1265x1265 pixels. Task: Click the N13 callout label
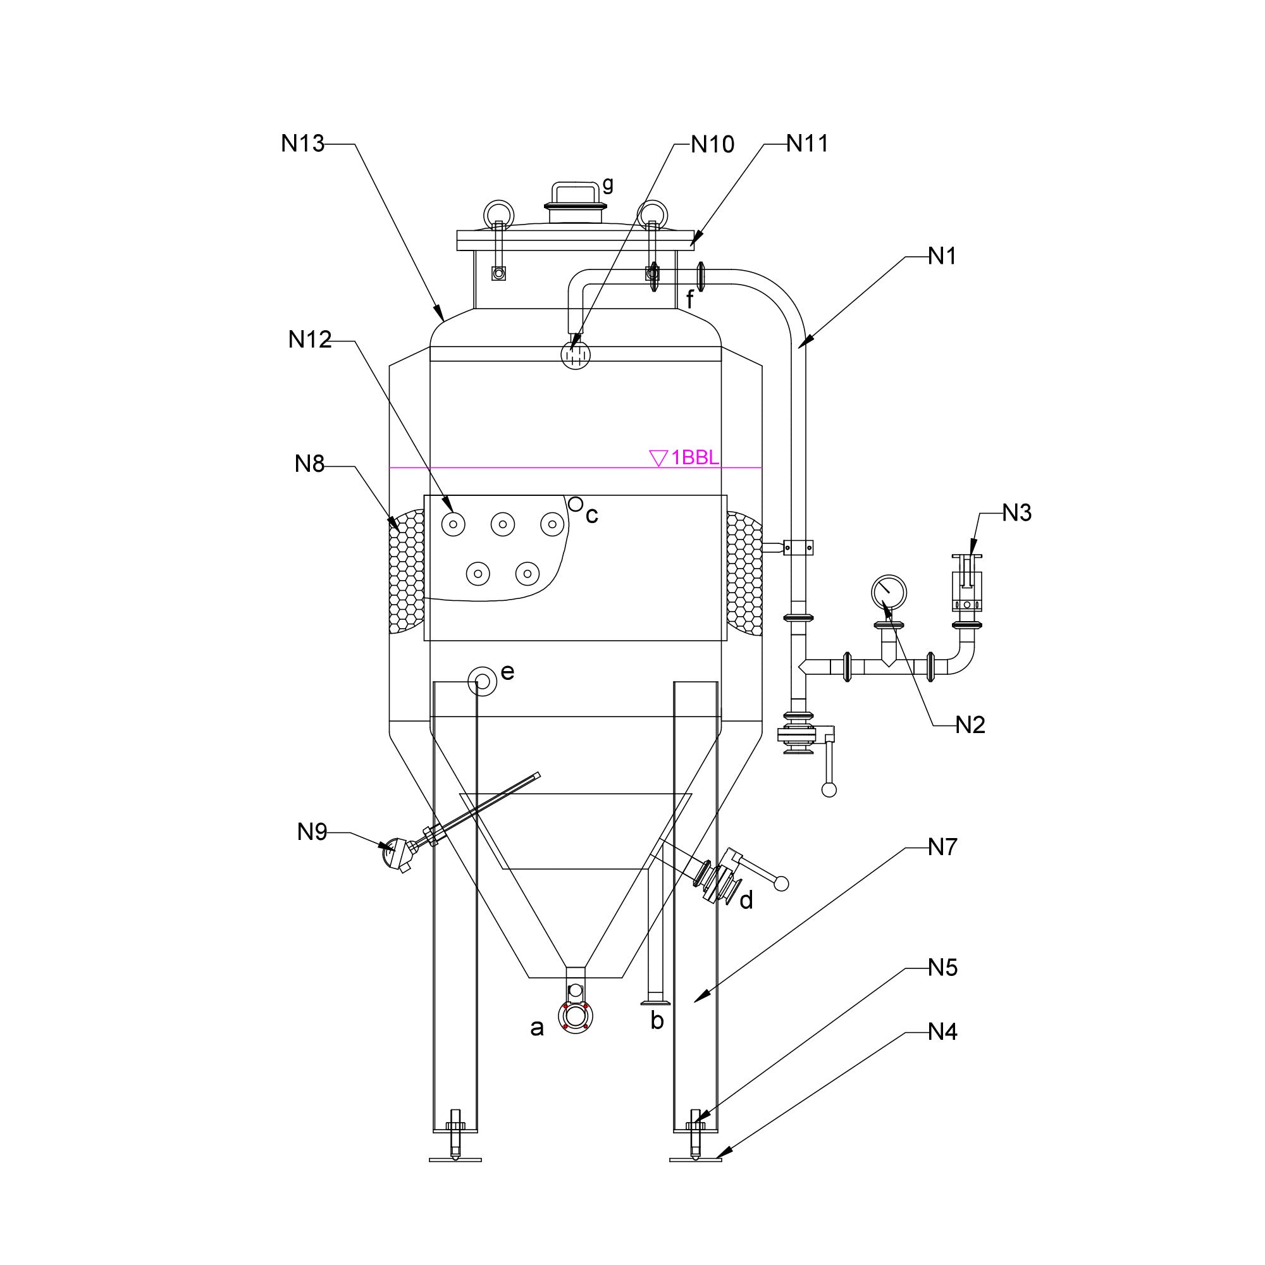[302, 144]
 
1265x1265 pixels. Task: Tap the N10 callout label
[712, 144]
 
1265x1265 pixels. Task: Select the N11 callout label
[807, 144]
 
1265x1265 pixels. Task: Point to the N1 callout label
[942, 256]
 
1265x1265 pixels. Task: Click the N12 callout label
[310, 339]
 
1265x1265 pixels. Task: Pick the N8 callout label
[310, 464]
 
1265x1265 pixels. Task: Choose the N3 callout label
[1017, 513]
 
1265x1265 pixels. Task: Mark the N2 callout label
[970, 725]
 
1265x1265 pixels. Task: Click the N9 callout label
[312, 832]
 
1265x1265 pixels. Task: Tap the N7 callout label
[943, 847]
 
